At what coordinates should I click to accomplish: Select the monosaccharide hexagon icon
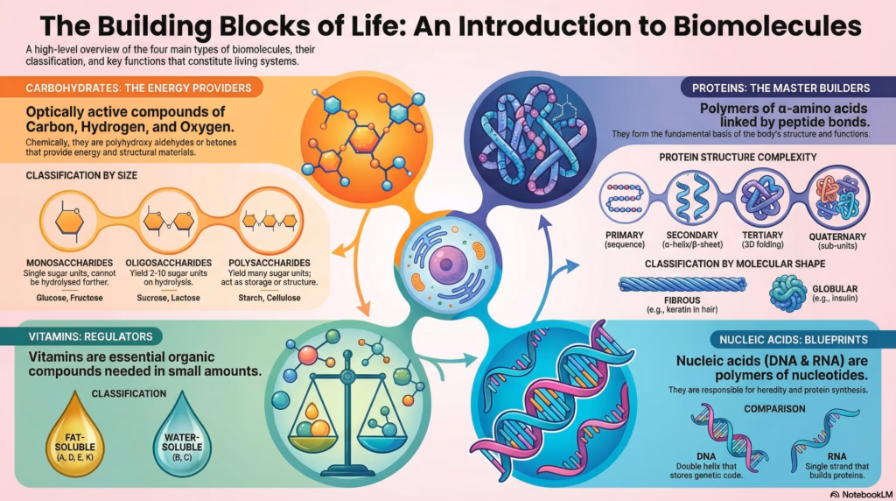[x=71, y=221]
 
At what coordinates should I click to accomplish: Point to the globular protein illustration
[x=788, y=293]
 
